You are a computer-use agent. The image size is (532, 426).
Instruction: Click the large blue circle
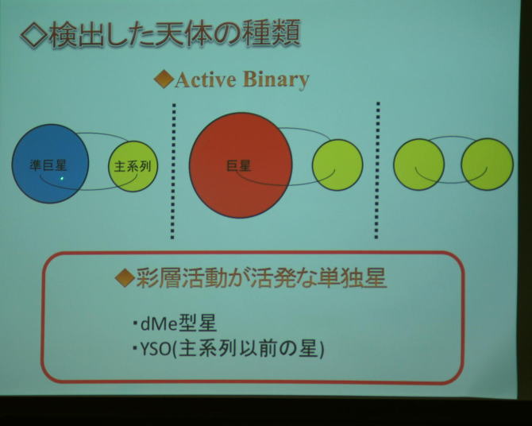coord(50,164)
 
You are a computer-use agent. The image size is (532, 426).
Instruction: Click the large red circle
coord(241,165)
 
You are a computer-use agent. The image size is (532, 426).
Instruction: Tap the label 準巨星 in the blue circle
coord(48,165)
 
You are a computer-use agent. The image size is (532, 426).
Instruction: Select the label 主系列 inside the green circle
coord(133,166)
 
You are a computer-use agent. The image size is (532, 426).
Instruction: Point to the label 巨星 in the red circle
coord(238,166)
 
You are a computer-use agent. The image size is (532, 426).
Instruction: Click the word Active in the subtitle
coord(206,79)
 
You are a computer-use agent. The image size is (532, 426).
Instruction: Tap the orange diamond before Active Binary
coord(164,79)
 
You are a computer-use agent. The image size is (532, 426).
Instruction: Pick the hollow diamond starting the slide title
coord(33,35)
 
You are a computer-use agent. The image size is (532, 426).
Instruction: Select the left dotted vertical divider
coord(173,171)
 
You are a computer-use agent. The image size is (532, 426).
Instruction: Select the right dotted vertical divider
coord(377,170)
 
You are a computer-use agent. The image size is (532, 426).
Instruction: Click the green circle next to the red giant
coord(337,165)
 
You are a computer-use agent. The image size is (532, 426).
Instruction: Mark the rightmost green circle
coord(488,164)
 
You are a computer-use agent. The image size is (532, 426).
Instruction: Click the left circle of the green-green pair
coord(419,165)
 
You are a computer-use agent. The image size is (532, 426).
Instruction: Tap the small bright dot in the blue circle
coord(62,178)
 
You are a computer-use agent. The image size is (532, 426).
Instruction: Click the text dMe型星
coord(178,323)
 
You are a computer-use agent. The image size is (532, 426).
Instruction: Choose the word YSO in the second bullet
coord(155,350)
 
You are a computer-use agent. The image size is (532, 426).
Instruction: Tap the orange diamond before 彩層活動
coord(125,277)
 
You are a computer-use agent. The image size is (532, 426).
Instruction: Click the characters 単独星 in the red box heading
coord(353,278)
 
